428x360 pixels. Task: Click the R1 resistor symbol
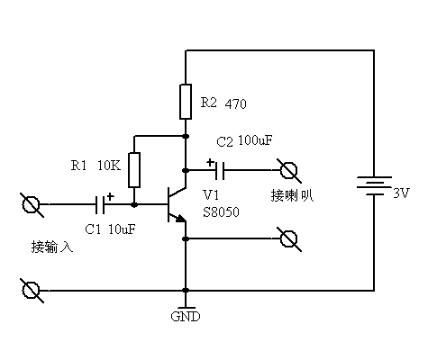[134, 168]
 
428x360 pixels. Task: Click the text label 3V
[401, 193]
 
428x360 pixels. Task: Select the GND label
[185, 317]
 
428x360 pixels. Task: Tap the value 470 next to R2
[235, 103]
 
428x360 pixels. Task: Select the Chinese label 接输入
[50, 245]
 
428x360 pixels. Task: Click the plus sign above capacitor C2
[210, 163]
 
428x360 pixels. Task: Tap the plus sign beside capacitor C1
[110, 195]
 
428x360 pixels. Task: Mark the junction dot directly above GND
[185, 291]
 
